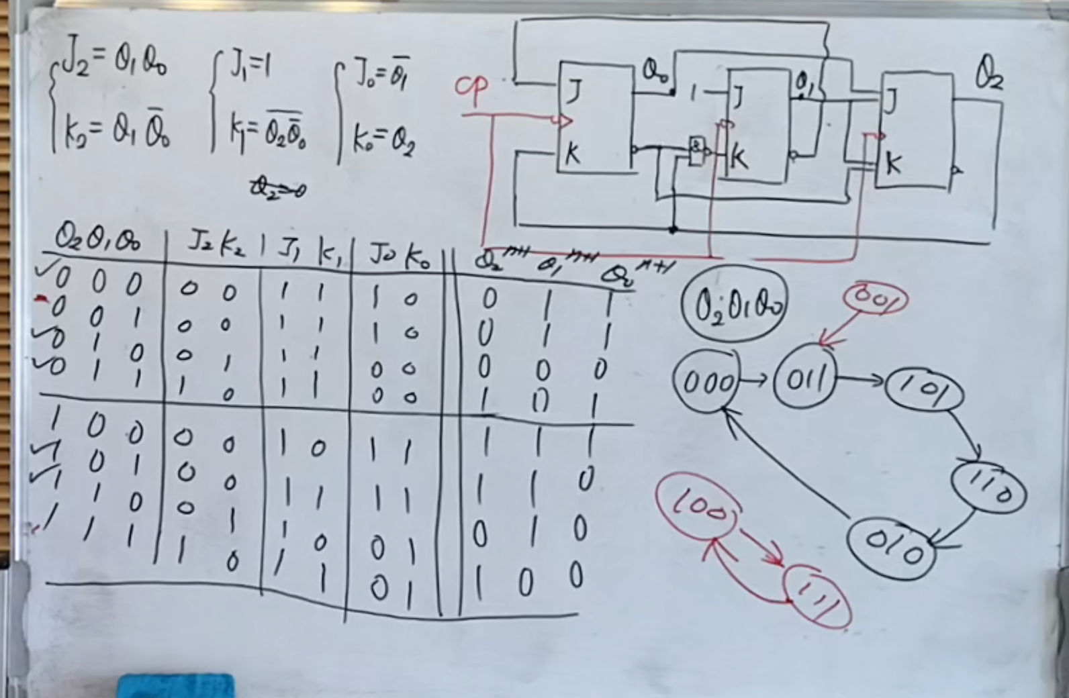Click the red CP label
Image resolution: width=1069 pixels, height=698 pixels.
pyautogui.click(x=473, y=89)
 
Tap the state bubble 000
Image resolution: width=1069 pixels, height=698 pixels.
pyautogui.click(x=706, y=383)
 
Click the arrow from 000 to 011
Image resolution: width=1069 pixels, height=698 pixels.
pyautogui.click(x=756, y=381)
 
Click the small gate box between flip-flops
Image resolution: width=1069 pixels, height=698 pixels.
pyautogui.click(x=698, y=152)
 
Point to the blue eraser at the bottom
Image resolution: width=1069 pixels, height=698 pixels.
pyautogui.click(x=177, y=686)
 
